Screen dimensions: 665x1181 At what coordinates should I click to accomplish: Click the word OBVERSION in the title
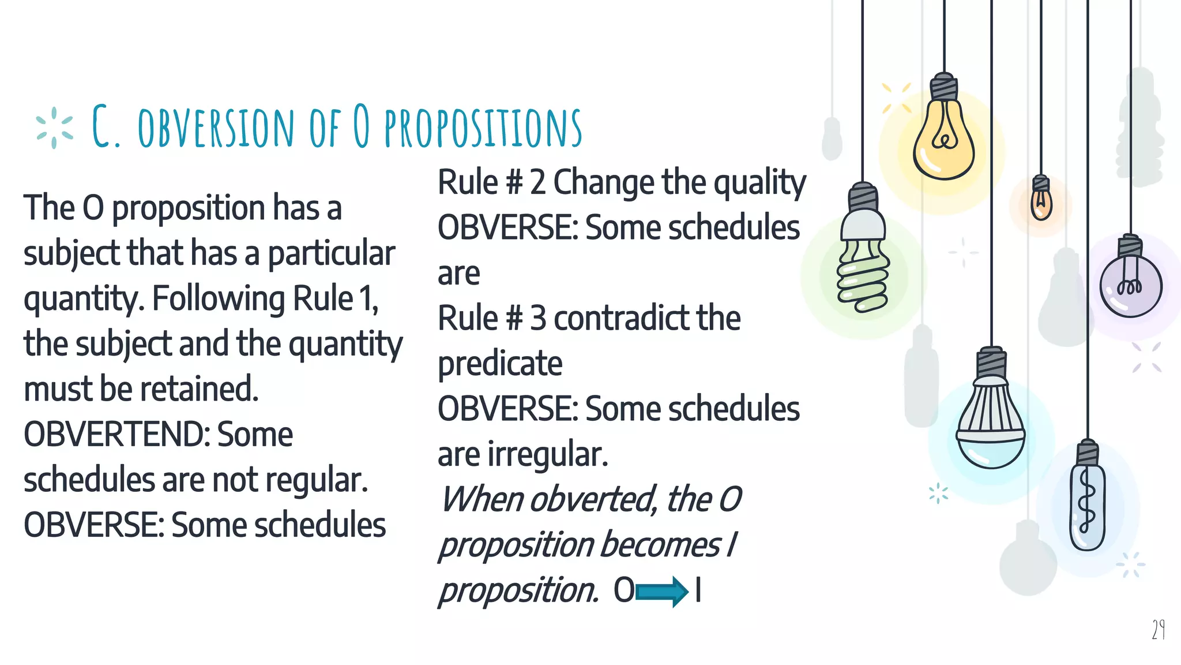[216, 127]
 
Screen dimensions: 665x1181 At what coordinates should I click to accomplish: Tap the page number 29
[1158, 629]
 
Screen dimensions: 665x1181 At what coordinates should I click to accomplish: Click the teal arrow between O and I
[661, 592]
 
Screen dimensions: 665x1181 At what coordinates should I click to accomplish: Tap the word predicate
[500, 364]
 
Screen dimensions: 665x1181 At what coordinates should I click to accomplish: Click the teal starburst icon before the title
[54, 128]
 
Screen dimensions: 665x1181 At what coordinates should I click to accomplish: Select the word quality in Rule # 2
[759, 183]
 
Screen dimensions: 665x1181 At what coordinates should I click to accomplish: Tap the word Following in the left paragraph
[219, 299]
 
